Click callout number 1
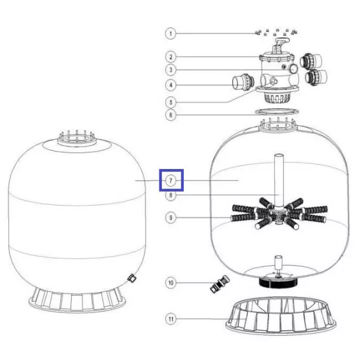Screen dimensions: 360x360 tap(170, 34)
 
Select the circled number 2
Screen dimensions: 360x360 tap(171, 57)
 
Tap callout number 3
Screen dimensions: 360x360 tap(171, 70)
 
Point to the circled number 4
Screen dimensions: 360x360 tap(171, 85)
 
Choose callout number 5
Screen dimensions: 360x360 tap(171, 102)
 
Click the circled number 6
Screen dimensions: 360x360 tap(171, 115)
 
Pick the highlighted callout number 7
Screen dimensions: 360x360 tap(171, 181)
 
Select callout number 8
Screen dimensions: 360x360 tap(171, 195)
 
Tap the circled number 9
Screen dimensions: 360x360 tap(171, 217)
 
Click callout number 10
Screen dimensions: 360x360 tap(171, 282)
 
